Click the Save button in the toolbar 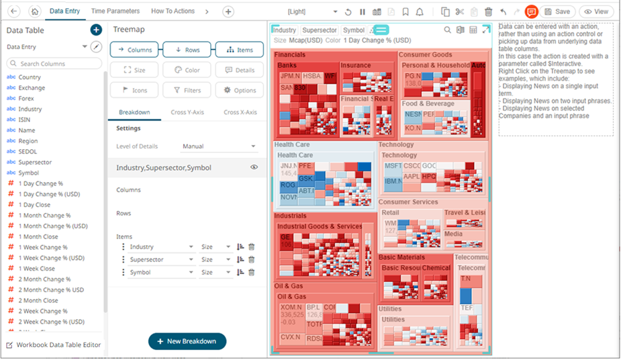557,11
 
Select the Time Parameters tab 115,11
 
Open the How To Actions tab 173,11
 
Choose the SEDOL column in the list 28,152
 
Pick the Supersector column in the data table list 35,163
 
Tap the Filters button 183,90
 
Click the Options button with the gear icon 240,90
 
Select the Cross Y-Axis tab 187,112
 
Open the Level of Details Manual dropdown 220,146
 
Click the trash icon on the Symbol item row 252,272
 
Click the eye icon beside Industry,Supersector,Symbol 254,167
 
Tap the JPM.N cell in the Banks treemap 289,77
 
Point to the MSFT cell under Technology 393,166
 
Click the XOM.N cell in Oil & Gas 291,307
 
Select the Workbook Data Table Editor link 53,345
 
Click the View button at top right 595,11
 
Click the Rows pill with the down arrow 187,50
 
